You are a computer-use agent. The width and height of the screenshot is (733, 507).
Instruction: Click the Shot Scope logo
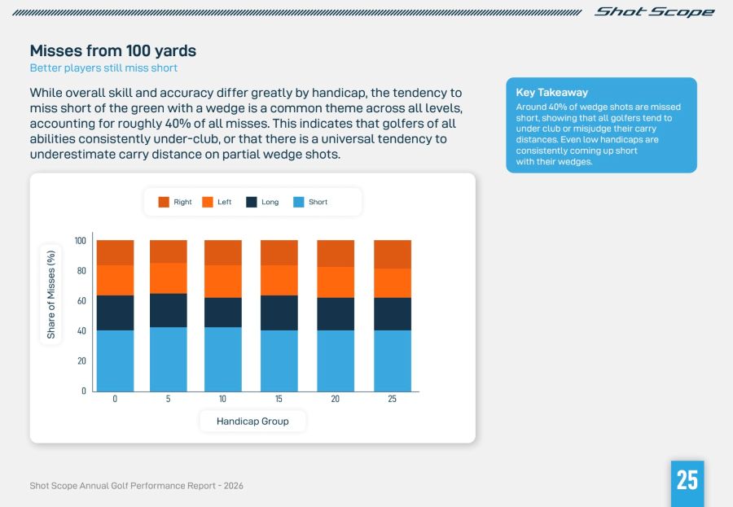tap(654, 12)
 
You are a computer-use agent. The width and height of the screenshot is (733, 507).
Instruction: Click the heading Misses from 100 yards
tap(112, 51)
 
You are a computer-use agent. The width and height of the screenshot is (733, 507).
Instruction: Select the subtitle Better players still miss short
tap(103, 68)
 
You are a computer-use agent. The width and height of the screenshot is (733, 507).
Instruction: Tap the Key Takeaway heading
tap(551, 93)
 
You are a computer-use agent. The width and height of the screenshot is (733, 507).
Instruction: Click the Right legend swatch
tap(164, 202)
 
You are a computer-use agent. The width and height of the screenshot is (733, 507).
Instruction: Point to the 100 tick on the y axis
tap(80, 241)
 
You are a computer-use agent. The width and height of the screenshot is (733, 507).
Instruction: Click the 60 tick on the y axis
tap(80, 301)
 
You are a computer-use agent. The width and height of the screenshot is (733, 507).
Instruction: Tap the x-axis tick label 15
tap(279, 399)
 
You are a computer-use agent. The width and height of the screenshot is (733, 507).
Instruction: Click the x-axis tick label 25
tap(393, 399)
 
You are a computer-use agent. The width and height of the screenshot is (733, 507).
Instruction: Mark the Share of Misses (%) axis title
tap(51, 294)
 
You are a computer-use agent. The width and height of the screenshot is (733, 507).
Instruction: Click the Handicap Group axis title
tap(252, 422)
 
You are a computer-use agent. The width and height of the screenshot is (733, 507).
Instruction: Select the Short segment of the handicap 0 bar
tap(115, 361)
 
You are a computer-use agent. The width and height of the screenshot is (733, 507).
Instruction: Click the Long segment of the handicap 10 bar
tap(222, 313)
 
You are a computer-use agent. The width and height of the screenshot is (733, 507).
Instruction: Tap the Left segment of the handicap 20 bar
tap(336, 282)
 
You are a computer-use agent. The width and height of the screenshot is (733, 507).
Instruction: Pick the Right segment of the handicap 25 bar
tap(393, 255)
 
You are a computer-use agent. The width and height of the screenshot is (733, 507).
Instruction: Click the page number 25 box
tap(687, 480)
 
